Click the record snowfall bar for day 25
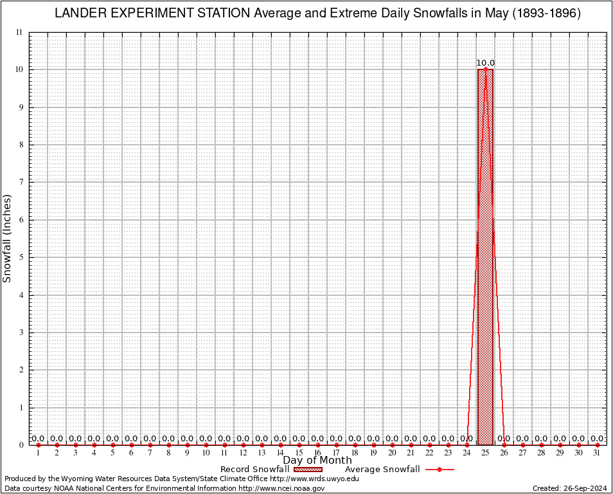pos(485,257)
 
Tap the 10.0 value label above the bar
pos(485,63)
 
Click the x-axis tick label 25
pos(485,453)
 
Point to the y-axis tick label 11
pos(19,32)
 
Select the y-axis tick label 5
pos(21,257)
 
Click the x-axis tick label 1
pos(38,453)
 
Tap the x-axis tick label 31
pos(597,453)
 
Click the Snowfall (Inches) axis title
pos(8,238)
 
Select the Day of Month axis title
pos(317,461)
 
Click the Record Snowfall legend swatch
pos(307,470)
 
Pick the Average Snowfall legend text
pos(382,470)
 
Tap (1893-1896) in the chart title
pos(546,14)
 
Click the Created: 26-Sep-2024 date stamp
pos(569,488)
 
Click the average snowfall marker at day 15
pos(299,444)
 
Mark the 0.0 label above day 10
pos(206,439)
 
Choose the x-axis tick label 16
pos(317,453)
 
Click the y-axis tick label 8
pos(21,145)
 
